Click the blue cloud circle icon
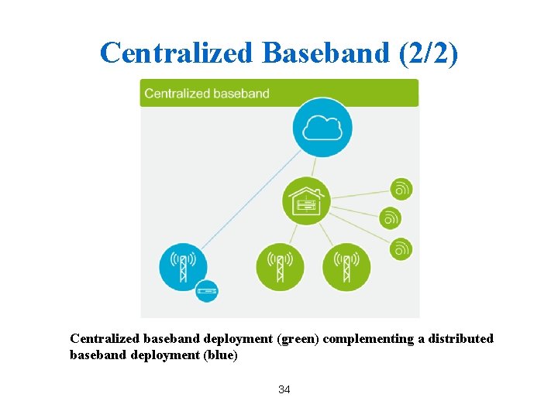(x=322, y=127)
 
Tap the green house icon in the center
(x=305, y=201)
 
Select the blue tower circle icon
(x=184, y=267)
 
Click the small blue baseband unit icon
(x=207, y=290)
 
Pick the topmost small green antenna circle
(x=401, y=188)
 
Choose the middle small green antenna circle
(x=391, y=218)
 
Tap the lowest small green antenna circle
(x=401, y=248)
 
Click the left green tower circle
(x=280, y=267)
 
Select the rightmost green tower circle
(x=346, y=267)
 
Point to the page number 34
(x=284, y=389)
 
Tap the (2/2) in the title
(x=427, y=53)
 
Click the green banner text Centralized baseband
(x=207, y=94)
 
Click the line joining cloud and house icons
(x=315, y=166)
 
